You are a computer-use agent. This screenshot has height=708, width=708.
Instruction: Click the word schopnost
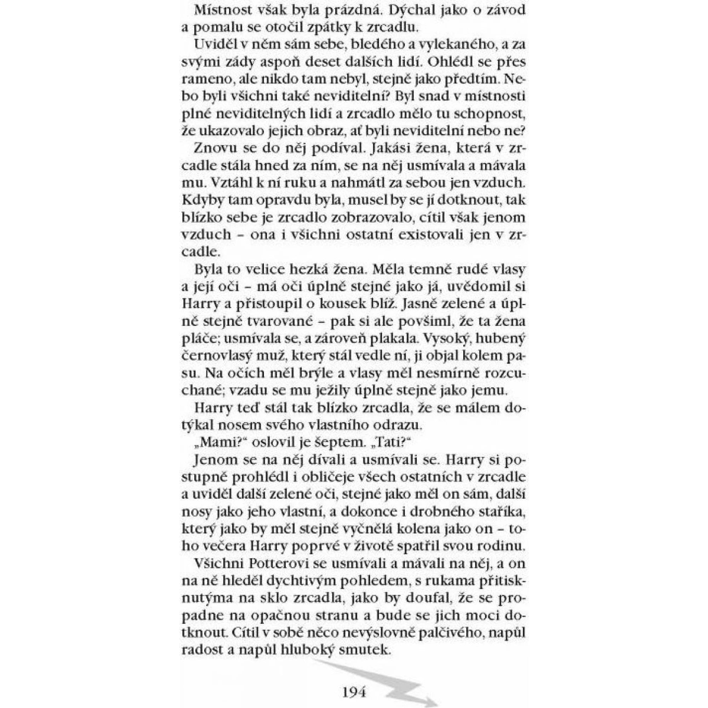490,114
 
